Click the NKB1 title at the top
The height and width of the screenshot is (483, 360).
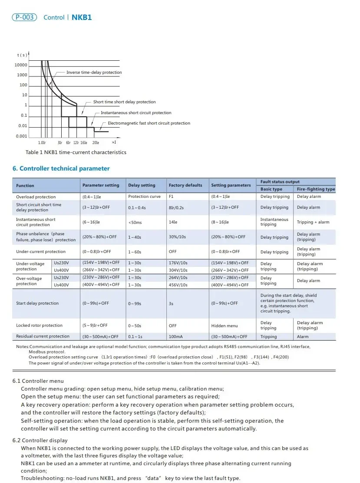82,17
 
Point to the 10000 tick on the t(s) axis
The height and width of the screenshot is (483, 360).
21,65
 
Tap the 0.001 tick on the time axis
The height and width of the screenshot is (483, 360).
21,136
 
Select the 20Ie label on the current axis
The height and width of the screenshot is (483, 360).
96,142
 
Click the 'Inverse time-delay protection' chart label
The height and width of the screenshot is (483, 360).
94,72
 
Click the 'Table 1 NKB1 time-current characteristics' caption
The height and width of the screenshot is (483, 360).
76,152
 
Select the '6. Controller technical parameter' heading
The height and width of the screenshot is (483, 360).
61,168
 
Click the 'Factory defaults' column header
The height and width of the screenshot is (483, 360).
185,185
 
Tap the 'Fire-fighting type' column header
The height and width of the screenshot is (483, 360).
316,189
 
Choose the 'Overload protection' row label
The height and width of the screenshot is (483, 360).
36,197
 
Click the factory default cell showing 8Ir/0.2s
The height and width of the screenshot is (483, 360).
176,207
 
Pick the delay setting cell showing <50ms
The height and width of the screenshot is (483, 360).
135,222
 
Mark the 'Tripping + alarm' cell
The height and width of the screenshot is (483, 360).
313,222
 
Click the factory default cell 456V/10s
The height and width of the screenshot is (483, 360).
178,285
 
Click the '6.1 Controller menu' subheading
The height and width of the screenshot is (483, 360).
38,381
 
